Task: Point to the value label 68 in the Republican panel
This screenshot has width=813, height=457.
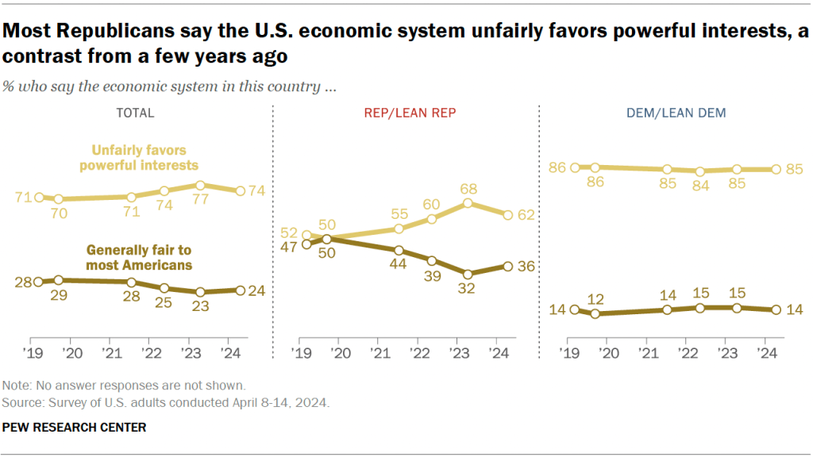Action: pyautogui.click(x=468, y=189)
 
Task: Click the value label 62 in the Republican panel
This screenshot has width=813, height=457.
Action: pyautogui.click(x=526, y=214)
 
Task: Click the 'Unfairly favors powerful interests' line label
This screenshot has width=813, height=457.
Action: pyautogui.click(x=144, y=157)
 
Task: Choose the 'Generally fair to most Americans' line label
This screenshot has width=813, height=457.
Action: pyautogui.click(x=140, y=258)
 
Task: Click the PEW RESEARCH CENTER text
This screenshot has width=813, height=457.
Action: pyautogui.click(x=74, y=428)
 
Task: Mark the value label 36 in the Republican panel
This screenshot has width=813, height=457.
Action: pyautogui.click(x=526, y=267)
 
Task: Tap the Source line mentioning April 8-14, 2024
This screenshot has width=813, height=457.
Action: pyautogui.click(x=165, y=403)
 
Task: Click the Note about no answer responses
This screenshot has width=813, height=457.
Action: pyautogui.click(x=124, y=386)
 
